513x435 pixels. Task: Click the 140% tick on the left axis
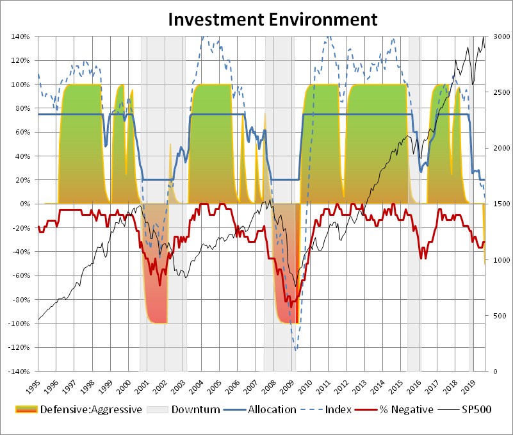(20, 37)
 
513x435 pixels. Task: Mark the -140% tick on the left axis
(19, 372)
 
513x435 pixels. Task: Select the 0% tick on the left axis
(24, 204)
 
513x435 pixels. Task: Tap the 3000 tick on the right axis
(498, 37)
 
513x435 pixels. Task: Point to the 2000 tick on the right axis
(498, 149)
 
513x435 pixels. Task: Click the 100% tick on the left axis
(20, 85)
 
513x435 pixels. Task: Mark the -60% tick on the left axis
(20, 276)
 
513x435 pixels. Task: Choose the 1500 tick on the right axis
(498, 204)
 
